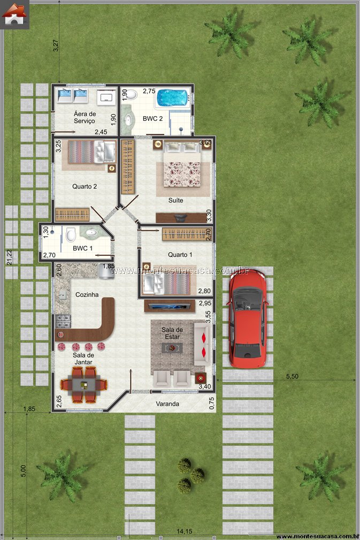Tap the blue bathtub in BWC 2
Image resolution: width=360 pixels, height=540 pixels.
[173, 98]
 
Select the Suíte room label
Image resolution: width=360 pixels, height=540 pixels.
[175, 201]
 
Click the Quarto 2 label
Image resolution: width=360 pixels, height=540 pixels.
[85, 187]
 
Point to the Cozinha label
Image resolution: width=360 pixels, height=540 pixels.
[87, 294]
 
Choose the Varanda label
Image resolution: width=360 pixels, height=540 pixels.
[167, 404]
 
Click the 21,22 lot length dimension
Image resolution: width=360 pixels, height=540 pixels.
[9, 257]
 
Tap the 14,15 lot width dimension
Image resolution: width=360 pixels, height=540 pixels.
[185, 532]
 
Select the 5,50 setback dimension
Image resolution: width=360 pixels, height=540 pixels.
[292, 376]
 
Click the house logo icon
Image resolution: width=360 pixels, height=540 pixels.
[14, 14]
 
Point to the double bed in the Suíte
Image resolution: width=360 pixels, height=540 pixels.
[182, 165]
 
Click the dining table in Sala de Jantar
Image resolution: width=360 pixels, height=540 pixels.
[84, 385]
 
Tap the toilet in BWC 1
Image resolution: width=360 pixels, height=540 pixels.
[71, 235]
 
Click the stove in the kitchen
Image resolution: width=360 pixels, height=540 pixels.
[63, 321]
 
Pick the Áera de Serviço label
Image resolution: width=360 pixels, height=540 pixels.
[85, 117]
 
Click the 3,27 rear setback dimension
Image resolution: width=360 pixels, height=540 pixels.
[56, 46]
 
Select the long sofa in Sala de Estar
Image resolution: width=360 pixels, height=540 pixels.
[202, 344]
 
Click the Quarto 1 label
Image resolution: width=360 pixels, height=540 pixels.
[180, 255]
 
